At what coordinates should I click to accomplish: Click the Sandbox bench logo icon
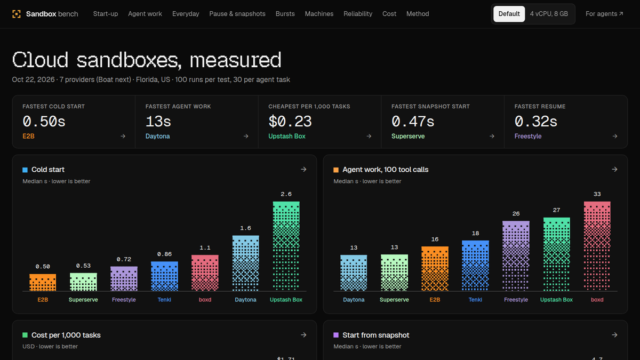(17, 14)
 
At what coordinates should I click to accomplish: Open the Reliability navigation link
(358, 14)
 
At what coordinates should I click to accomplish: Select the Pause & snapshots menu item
(237, 14)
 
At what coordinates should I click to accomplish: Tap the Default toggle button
(509, 14)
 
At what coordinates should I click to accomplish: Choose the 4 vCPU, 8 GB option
(549, 14)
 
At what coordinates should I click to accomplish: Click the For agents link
(604, 14)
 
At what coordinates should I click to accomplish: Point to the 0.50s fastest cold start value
(44, 122)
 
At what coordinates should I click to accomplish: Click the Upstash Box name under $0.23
(287, 137)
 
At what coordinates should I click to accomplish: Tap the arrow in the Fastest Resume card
(614, 137)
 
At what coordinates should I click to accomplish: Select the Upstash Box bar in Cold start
(286, 246)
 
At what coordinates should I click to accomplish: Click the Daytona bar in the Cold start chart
(245, 263)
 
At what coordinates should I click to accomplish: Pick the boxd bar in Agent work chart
(597, 246)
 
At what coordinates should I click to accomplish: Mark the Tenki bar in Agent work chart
(475, 266)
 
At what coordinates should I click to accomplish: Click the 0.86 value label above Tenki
(164, 254)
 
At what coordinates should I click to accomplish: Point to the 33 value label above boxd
(597, 194)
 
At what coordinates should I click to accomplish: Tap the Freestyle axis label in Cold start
(124, 300)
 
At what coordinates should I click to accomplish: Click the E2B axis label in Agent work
(435, 300)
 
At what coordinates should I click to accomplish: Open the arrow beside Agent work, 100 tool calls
(614, 170)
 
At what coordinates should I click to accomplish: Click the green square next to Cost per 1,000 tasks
(25, 335)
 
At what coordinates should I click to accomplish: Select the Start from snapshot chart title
(375, 335)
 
